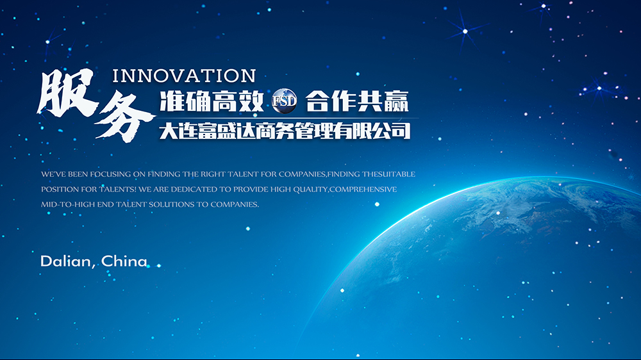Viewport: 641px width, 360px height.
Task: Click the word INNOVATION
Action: click(x=184, y=76)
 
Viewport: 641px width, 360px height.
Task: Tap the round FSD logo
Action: click(x=284, y=101)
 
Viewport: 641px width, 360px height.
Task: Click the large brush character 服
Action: click(x=67, y=92)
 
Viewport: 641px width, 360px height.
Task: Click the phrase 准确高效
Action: click(x=212, y=101)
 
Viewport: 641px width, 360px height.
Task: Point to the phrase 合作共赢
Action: click(x=357, y=101)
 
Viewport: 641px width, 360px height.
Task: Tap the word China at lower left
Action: click(x=124, y=261)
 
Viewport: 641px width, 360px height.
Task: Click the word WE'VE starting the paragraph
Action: click(x=54, y=174)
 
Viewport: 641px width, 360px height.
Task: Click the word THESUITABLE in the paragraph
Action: click(x=388, y=174)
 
